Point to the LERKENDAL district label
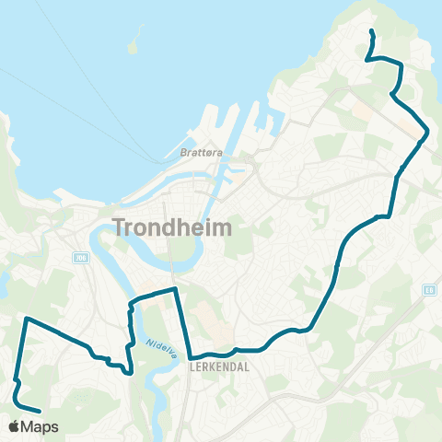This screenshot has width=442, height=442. tap(214, 366)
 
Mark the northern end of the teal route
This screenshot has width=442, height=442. tap(371, 32)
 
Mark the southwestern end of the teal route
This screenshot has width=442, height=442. tap(40, 411)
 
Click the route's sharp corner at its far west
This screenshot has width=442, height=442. tap(26, 319)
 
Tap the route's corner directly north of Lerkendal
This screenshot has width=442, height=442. tap(175, 289)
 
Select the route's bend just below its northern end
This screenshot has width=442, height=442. tap(368, 59)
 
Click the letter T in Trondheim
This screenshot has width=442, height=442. tap(120, 226)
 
